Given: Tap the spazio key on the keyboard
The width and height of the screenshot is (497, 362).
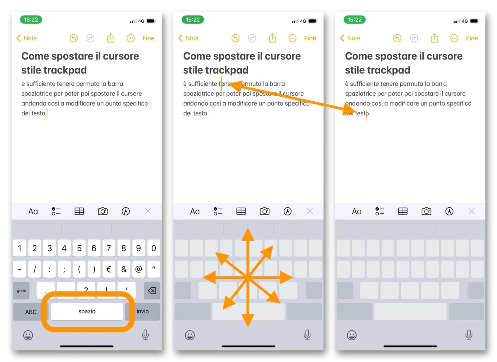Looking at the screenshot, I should pyautogui.click(x=87, y=311).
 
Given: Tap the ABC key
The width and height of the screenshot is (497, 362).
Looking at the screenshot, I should pyautogui.click(x=31, y=312).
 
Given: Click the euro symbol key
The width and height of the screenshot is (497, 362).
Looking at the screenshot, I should pyautogui.click(x=109, y=269).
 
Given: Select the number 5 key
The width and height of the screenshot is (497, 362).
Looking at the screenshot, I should pyautogui.click(x=79, y=248).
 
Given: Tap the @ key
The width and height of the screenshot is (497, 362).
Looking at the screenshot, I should pyautogui.click(x=139, y=269).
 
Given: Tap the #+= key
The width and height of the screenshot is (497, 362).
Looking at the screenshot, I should pyautogui.click(x=21, y=291).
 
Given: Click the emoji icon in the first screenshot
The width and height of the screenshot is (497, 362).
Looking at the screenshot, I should pyautogui.click(x=28, y=335).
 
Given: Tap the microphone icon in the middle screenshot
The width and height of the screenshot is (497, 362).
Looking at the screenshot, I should pyautogui.click(x=307, y=335).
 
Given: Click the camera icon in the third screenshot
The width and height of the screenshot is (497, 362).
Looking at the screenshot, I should pyautogui.click(x=426, y=212).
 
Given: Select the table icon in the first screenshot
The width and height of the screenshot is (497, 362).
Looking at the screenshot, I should pyautogui.click(x=79, y=212).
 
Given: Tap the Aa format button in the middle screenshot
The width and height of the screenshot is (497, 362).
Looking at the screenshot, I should pyautogui.click(x=195, y=212).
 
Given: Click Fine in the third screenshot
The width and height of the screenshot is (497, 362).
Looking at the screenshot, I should pyautogui.click(x=472, y=38).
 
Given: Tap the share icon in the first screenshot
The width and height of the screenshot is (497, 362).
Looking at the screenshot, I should pyautogui.click(x=111, y=38).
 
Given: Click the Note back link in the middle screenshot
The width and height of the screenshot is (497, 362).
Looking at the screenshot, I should pyautogui.click(x=189, y=38).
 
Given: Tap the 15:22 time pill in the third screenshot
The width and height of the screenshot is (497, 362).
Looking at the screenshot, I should pyautogui.click(x=354, y=20).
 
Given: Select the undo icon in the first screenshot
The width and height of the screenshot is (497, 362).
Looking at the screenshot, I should pyautogui.click(x=74, y=38).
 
